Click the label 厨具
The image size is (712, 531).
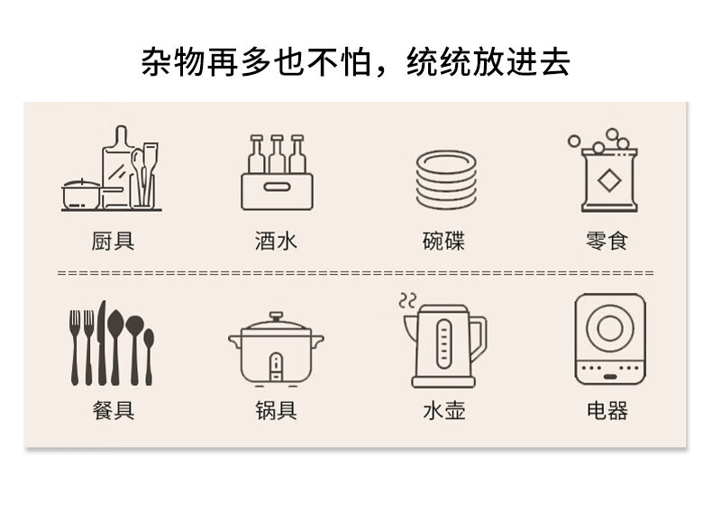(x=113, y=242)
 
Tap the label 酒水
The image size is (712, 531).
(x=276, y=242)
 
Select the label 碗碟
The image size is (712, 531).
(x=443, y=242)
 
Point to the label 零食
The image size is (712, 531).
(x=607, y=242)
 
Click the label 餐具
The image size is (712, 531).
(x=113, y=411)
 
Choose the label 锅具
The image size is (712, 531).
(x=276, y=411)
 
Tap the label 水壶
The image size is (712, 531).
(x=443, y=411)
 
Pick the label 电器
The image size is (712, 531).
(x=607, y=411)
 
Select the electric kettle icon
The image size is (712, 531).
(x=444, y=347)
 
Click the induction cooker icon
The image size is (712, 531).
(x=610, y=338)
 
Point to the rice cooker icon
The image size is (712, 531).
(x=276, y=350)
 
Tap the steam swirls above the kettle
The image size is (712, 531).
(x=408, y=300)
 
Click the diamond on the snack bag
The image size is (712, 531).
(x=610, y=181)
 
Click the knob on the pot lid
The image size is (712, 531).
(x=276, y=316)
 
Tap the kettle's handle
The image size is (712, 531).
(x=479, y=337)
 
